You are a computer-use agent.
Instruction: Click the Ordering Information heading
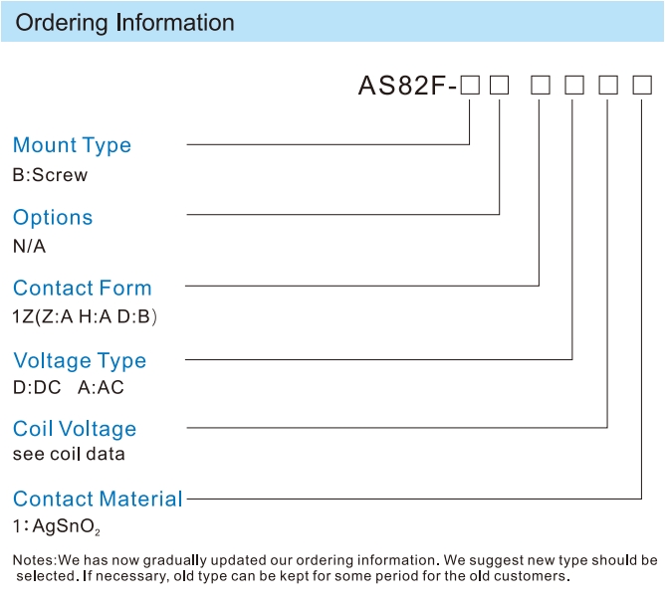click(124, 23)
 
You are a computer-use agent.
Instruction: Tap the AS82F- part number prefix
click(407, 86)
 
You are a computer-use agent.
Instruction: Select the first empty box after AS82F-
click(470, 85)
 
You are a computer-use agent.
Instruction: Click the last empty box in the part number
click(642, 85)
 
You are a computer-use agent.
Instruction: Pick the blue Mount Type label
click(72, 145)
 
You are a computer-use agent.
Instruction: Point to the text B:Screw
click(50, 175)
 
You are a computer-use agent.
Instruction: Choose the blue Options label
click(53, 218)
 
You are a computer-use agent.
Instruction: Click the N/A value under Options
click(29, 246)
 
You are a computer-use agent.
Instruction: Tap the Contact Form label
click(83, 289)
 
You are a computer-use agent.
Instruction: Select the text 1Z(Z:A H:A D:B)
click(85, 316)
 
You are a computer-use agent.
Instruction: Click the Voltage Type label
click(80, 361)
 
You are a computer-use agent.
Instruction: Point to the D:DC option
click(37, 387)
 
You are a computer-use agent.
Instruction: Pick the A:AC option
click(101, 387)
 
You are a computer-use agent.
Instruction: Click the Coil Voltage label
click(75, 429)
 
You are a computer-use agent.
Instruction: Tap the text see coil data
click(69, 454)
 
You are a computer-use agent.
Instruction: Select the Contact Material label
click(98, 500)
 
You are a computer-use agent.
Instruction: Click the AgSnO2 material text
click(66, 526)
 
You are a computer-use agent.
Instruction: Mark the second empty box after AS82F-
click(499, 85)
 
